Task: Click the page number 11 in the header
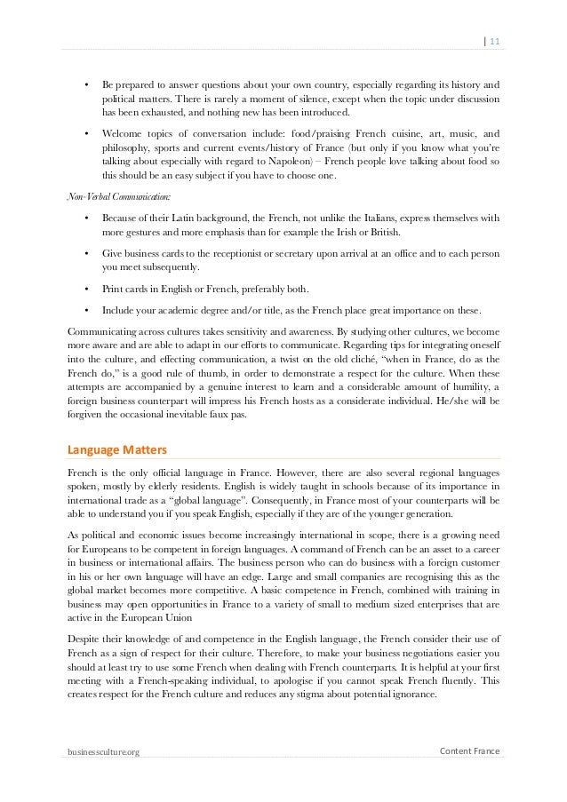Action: click(x=494, y=38)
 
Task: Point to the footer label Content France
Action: click(x=470, y=751)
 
